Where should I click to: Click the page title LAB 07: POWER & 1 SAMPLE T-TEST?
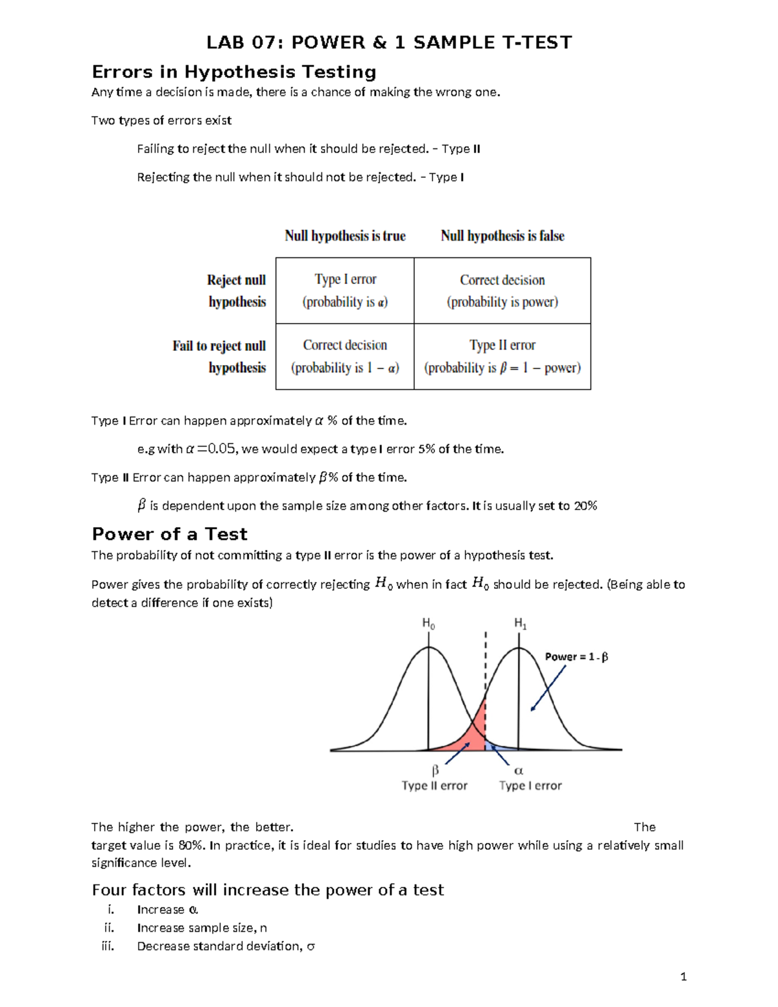(x=389, y=43)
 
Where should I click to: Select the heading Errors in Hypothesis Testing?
(x=234, y=72)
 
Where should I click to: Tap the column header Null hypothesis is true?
(x=345, y=236)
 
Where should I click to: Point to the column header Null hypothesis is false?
(x=502, y=236)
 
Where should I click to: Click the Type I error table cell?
(x=345, y=290)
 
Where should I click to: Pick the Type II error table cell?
(x=502, y=356)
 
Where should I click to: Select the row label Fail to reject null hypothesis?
(x=220, y=357)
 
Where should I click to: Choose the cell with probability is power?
(x=502, y=290)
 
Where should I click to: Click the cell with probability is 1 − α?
(x=345, y=356)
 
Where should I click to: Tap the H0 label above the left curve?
(x=429, y=624)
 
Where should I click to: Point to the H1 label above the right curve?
(x=520, y=624)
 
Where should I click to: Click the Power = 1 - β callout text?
(x=576, y=657)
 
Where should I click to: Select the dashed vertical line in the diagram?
(x=486, y=668)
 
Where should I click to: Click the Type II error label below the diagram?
(x=434, y=786)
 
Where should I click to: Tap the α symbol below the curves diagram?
(x=519, y=771)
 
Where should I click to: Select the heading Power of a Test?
(x=169, y=534)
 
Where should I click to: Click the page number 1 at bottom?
(x=683, y=977)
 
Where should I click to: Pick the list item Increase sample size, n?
(x=202, y=928)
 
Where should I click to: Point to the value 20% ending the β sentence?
(x=585, y=506)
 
